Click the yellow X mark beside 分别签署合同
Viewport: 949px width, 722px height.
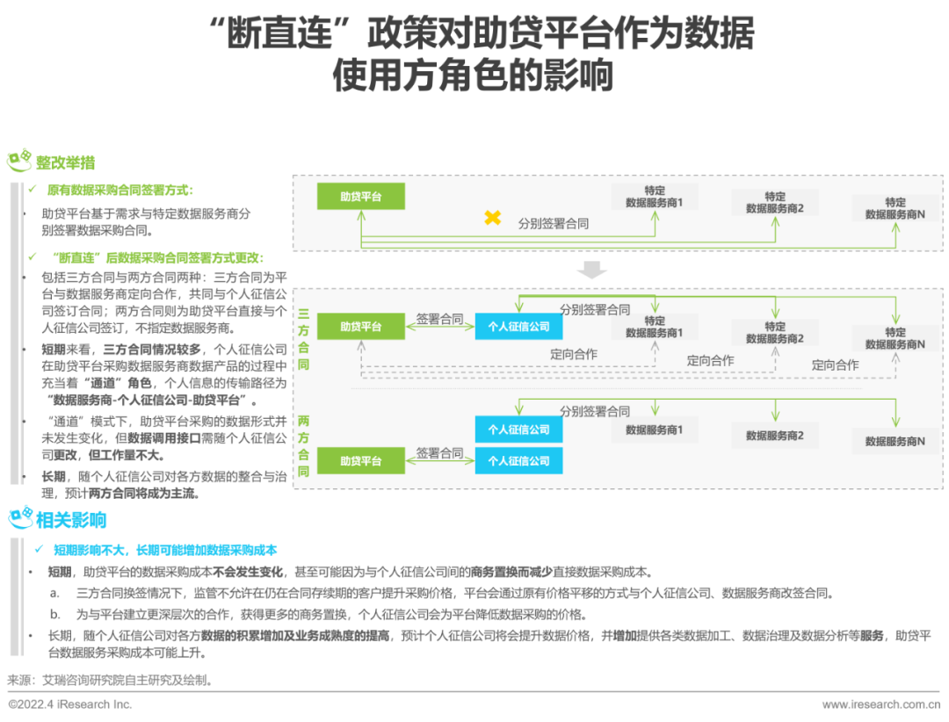click(493, 218)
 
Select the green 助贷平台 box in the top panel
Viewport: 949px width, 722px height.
click(361, 197)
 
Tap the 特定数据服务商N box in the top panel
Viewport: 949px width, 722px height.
click(895, 208)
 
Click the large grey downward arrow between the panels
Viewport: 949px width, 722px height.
click(592, 270)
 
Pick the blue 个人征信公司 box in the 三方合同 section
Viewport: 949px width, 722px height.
click(518, 327)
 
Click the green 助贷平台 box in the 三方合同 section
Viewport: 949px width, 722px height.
click(361, 327)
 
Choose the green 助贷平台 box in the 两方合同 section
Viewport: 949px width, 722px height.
click(361, 461)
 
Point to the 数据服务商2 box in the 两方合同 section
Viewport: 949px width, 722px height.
click(775, 436)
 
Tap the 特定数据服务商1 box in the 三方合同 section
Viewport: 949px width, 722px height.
click(655, 327)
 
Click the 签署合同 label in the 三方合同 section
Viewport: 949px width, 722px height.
click(439, 320)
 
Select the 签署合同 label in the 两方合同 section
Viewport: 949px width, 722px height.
click(439, 453)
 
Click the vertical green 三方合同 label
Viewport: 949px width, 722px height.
click(303, 338)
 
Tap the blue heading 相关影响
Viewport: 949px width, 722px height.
click(70, 519)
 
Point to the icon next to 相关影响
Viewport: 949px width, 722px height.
click(20, 517)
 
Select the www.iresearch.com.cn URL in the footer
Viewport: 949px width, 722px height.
click(886, 704)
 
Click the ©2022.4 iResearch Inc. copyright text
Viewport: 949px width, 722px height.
click(70, 704)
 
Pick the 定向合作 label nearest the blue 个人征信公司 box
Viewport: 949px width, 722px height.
click(574, 354)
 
